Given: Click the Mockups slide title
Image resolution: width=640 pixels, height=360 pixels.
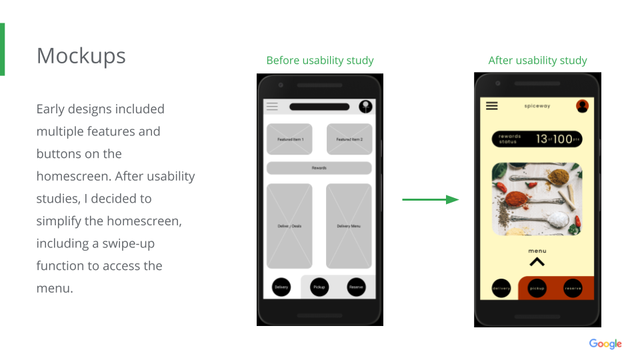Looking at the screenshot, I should coord(81,56).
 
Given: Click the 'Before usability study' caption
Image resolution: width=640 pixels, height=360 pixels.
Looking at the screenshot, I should coord(320,61).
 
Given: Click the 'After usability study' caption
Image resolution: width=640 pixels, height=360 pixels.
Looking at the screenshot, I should coord(537,61).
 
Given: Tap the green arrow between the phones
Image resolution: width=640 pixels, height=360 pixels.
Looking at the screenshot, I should coord(431,199).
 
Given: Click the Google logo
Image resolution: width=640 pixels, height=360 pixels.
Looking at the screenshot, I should coord(605,344).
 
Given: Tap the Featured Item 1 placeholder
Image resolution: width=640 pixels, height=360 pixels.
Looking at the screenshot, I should coord(290,139).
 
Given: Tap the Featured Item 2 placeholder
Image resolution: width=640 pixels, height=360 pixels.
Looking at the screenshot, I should coord(349,139).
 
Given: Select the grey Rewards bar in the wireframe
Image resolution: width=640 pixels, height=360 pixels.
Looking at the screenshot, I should coord(319,168).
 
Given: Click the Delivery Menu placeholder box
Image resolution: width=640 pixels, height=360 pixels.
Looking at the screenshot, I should coord(349,226).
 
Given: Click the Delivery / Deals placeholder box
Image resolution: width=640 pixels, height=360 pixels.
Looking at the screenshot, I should coord(289,226).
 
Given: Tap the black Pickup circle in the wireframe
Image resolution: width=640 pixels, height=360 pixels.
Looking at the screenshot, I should coord(319,287).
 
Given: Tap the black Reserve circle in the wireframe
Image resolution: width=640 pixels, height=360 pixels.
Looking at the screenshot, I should coord(357,287).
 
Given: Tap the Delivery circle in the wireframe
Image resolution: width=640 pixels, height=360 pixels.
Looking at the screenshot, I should coord(281,287).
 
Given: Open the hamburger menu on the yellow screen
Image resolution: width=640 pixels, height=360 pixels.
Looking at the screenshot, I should coord(492,106).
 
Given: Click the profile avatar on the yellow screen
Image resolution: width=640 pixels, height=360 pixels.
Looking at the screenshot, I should coord(582,106).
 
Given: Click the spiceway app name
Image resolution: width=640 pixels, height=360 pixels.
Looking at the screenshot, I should coord(537,106).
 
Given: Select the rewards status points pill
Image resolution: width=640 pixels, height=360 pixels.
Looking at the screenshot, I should coord(537,139).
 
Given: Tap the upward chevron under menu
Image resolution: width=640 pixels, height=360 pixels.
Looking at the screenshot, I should coord(537,262).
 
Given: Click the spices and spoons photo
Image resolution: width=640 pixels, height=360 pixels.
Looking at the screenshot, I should coord(537,199).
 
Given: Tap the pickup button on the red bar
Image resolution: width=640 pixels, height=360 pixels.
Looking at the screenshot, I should coord(537,288).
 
